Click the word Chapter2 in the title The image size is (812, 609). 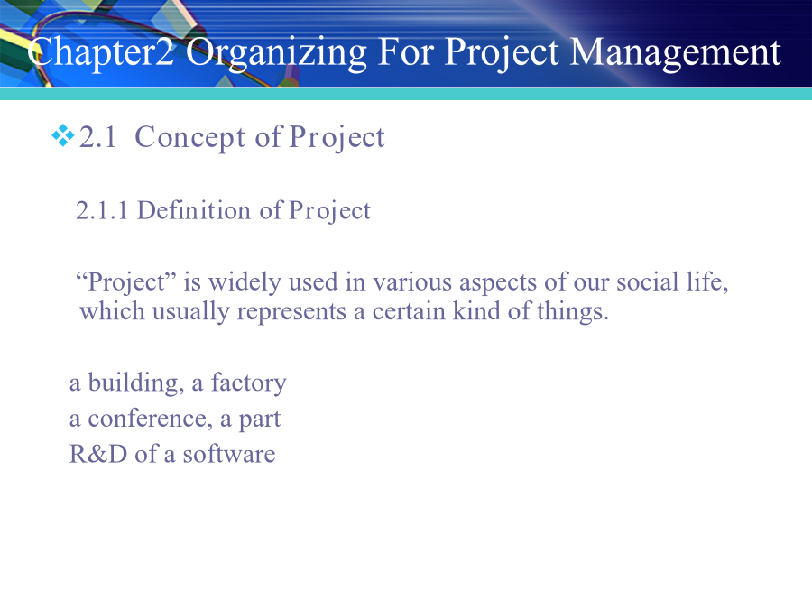click(x=101, y=51)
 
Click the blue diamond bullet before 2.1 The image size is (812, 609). click(x=62, y=135)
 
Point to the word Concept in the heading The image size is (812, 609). click(x=189, y=138)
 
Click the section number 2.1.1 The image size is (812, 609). click(x=101, y=211)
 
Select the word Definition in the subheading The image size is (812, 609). click(x=194, y=211)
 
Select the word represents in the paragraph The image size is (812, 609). click(x=291, y=313)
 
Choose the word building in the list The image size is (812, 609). click(x=135, y=383)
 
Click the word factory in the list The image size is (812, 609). click(x=249, y=383)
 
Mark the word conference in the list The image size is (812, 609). click(x=150, y=419)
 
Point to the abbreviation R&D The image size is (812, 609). click(x=98, y=454)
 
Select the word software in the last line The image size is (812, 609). click(x=229, y=454)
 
